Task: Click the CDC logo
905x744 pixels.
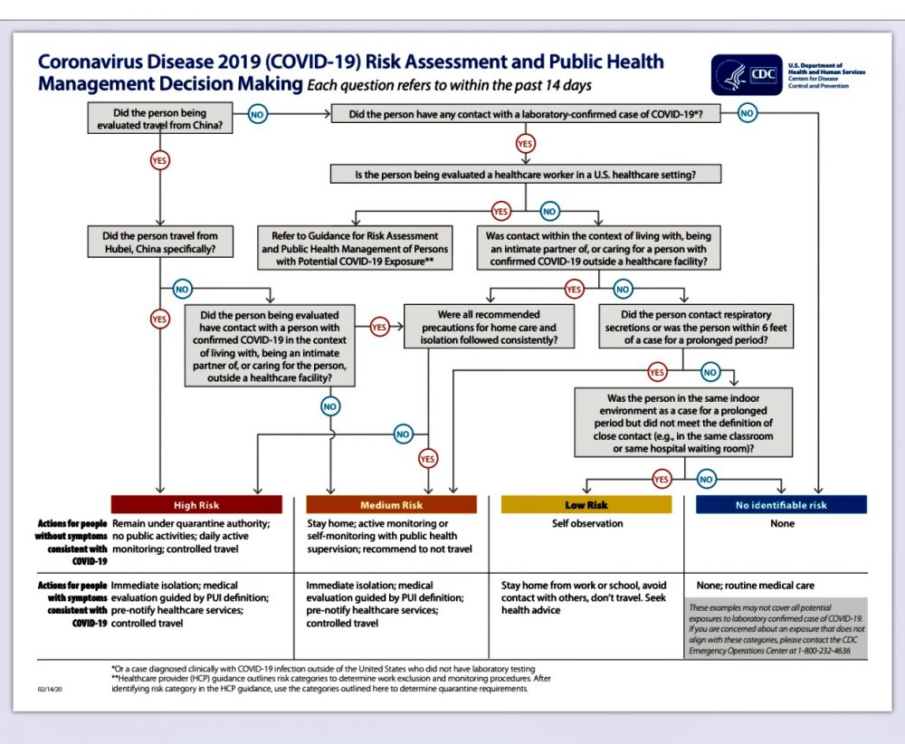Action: pyautogui.click(x=747, y=75)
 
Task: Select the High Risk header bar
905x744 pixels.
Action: pyautogui.click(x=196, y=505)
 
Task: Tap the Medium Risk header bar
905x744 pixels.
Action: pyautogui.click(x=391, y=505)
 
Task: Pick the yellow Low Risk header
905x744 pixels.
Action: pyautogui.click(x=586, y=505)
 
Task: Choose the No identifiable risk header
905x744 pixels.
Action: pyautogui.click(x=781, y=505)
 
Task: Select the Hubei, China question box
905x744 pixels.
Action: pyautogui.click(x=159, y=243)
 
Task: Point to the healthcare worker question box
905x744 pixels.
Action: pyautogui.click(x=525, y=173)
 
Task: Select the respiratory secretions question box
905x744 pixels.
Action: pyautogui.click(x=683, y=327)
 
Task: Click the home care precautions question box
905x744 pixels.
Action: pyautogui.click(x=489, y=327)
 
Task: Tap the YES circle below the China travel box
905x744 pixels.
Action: pyautogui.click(x=160, y=160)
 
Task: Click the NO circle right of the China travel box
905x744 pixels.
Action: pyautogui.click(x=257, y=115)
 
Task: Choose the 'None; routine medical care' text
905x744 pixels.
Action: pyautogui.click(x=755, y=586)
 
